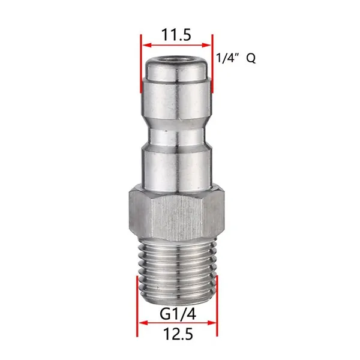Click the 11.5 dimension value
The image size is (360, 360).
coord(176,35)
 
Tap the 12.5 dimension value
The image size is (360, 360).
coord(178,334)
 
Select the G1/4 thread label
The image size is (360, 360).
coord(178,314)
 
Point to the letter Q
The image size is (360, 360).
coord(251,58)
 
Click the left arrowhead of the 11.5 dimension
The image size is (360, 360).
coord(146,45)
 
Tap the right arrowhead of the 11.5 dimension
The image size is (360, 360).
coord(206,45)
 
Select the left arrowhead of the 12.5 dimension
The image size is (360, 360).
coord(143,323)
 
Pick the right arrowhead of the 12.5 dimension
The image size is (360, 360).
coord(212,323)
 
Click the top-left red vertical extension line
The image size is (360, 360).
coord(141,64)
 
